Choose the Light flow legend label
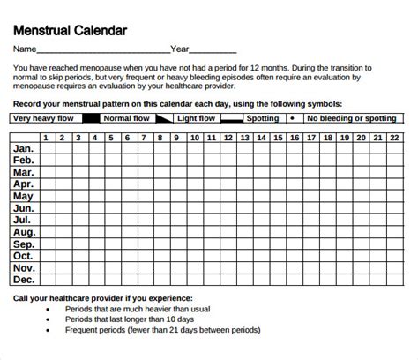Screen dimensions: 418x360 click(198, 116)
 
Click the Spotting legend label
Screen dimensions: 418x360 click(262, 116)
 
